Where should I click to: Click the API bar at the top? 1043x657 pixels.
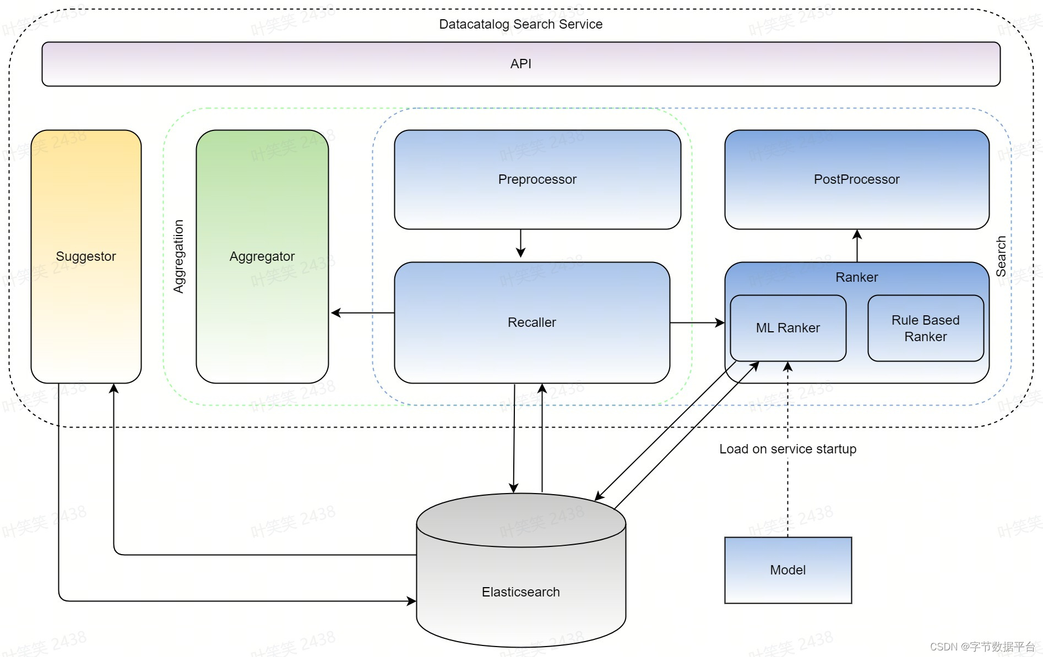tap(521, 64)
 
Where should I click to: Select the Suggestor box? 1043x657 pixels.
tap(86, 256)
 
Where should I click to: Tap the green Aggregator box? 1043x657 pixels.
tap(262, 256)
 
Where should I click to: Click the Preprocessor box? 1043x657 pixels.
tap(537, 179)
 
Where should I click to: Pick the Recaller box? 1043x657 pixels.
tap(532, 322)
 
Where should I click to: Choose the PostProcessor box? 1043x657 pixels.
tap(857, 179)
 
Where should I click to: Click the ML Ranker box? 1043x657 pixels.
tap(788, 328)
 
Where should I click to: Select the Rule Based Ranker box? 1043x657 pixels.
tap(926, 328)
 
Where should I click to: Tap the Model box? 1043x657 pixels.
tap(788, 570)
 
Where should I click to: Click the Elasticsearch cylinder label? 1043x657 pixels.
tap(521, 592)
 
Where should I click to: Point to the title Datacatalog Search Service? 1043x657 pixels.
tap(521, 24)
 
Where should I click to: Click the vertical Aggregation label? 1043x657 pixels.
tap(178, 256)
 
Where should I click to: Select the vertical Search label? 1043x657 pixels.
tap(1001, 256)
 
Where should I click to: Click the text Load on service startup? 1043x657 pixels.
tap(788, 449)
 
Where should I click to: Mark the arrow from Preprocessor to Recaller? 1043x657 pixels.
tap(520, 243)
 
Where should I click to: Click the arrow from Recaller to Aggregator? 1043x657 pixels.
tap(362, 313)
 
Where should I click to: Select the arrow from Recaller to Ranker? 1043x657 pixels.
tap(697, 322)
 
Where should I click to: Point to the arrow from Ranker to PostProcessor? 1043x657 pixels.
tap(857, 245)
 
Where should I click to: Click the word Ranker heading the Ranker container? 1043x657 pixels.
tap(857, 277)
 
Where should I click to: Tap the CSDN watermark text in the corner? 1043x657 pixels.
tap(982, 647)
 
